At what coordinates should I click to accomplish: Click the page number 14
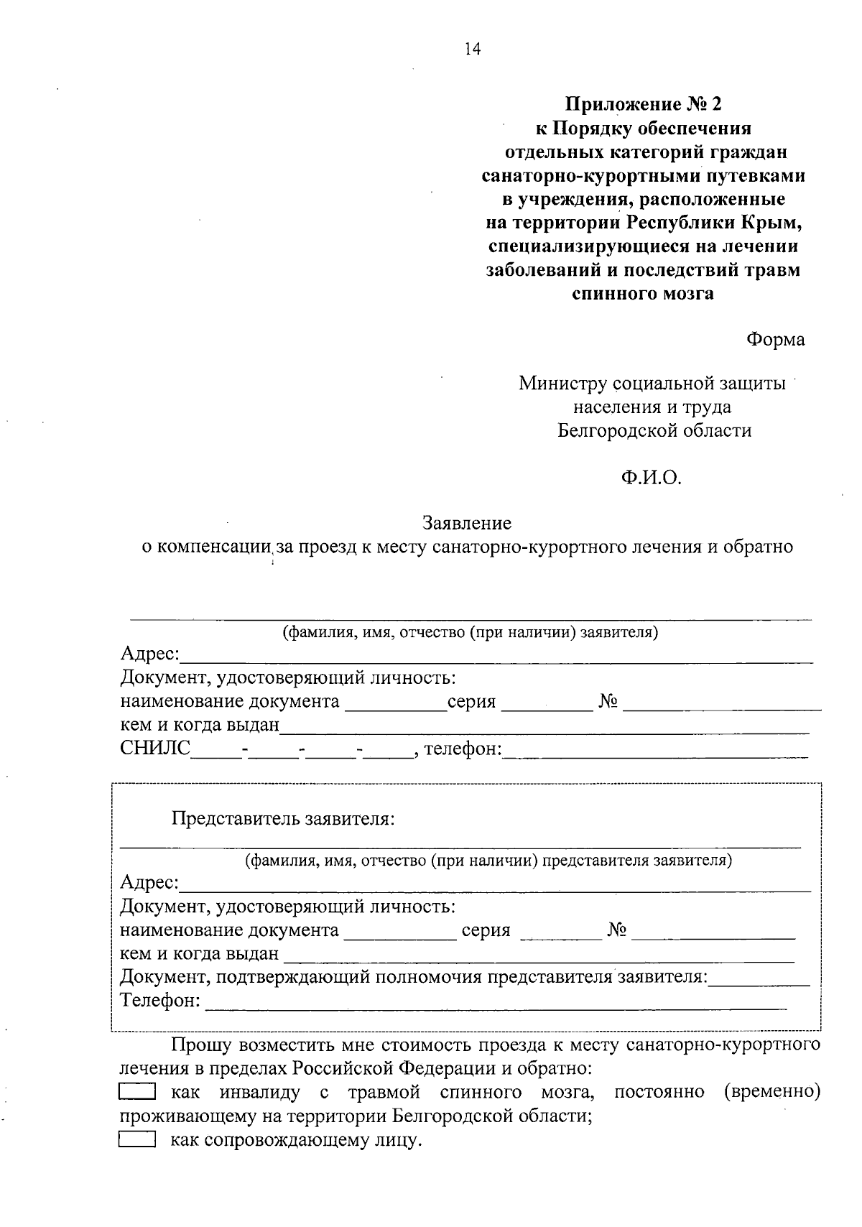pos(473,49)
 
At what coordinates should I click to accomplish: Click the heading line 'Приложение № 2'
pos(643,105)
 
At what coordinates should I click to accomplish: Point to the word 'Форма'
pos(775,339)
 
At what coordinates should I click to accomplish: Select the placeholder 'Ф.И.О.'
pos(651,478)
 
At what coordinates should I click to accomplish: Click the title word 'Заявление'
pos(467,523)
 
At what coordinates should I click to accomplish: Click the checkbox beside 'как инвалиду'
pos(136,1093)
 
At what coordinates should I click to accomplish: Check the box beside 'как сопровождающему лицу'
pos(136,1140)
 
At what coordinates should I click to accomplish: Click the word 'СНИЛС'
pos(155,749)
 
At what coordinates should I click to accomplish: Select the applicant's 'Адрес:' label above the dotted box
pos(149,654)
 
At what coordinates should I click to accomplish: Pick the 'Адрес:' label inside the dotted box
pos(149,882)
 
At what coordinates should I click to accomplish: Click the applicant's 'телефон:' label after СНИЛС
pos(463,749)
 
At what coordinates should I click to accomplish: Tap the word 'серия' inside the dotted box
pos(486,930)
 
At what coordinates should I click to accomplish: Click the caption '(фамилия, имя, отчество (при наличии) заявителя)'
pos(470,633)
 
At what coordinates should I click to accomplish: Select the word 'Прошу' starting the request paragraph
pos(199,1045)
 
